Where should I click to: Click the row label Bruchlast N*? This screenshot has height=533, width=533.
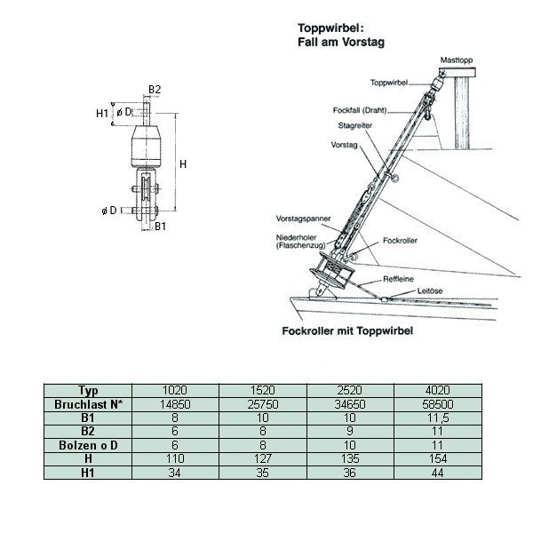point(87,402)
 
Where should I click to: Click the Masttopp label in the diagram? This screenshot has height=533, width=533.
point(457,60)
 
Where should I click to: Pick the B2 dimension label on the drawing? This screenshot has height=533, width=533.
point(155,89)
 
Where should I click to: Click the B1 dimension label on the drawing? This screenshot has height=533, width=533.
point(161,227)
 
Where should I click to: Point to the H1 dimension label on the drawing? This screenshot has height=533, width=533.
point(102,113)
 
